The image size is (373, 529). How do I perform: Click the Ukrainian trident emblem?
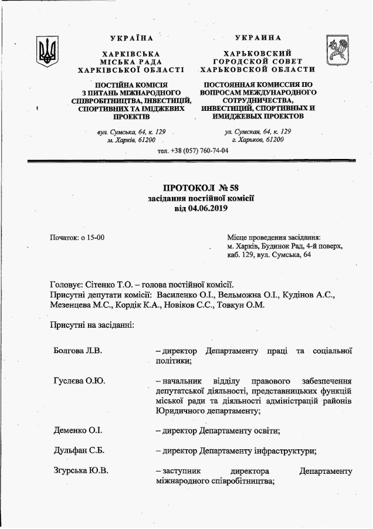[x=47, y=52]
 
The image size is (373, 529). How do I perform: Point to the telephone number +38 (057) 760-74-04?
[x=199, y=151]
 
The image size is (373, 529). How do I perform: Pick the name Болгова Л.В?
[x=77, y=351]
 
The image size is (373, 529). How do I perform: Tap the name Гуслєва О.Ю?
[x=79, y=381]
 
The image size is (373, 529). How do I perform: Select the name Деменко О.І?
[x=77, y=430]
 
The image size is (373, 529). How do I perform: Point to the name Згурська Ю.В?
[x=80, y=471]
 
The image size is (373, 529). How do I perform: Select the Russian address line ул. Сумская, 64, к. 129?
[x=257, y=131]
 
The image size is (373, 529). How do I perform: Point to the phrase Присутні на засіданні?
[x=93, y=324]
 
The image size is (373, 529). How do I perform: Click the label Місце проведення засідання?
[x=273, y=237]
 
